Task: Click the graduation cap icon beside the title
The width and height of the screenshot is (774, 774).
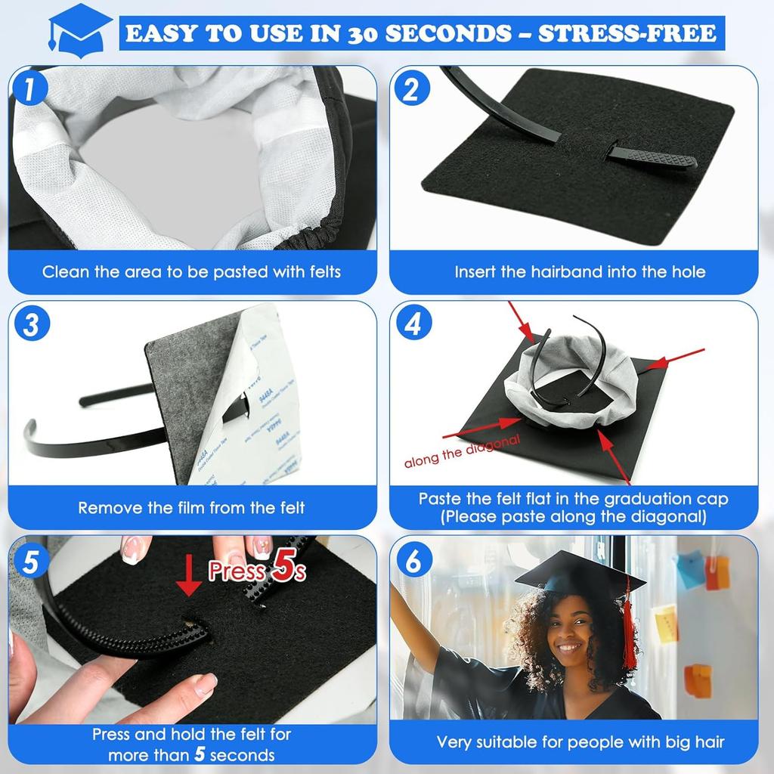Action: coord(79,31)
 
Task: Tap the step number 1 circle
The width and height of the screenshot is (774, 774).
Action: coord(31,90)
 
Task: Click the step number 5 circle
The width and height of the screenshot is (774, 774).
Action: coord(31,560)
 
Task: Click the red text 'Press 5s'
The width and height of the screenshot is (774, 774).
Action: coord(257,571)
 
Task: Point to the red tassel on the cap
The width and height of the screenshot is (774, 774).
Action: coord(629,635)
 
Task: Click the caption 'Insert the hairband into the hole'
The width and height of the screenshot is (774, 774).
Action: coord(580,271)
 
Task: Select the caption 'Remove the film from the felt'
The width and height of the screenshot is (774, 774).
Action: coord(191,507)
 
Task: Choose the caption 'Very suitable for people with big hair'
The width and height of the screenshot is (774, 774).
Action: coord(580,741)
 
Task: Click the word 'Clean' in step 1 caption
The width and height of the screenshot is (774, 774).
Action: coord(65,271)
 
